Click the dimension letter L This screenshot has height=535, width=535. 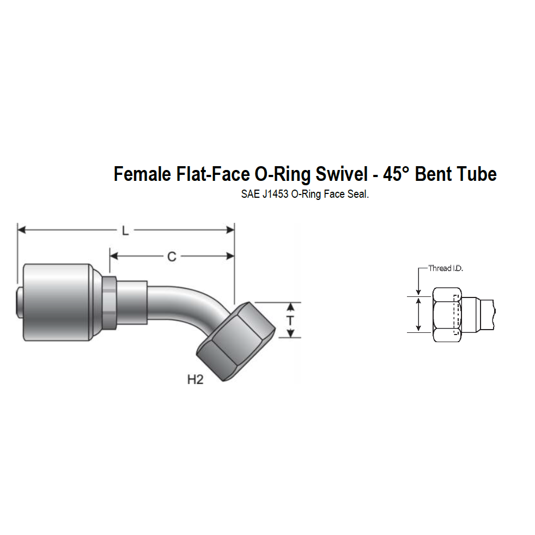(x=125, y=231)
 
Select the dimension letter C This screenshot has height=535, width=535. (x=172, y=256)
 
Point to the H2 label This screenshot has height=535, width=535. (x=195, y=380)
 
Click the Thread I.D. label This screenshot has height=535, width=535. (x=446, y=268)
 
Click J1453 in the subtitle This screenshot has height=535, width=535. (x=275, y=194)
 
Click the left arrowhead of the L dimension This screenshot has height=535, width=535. (x=21, y=231)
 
